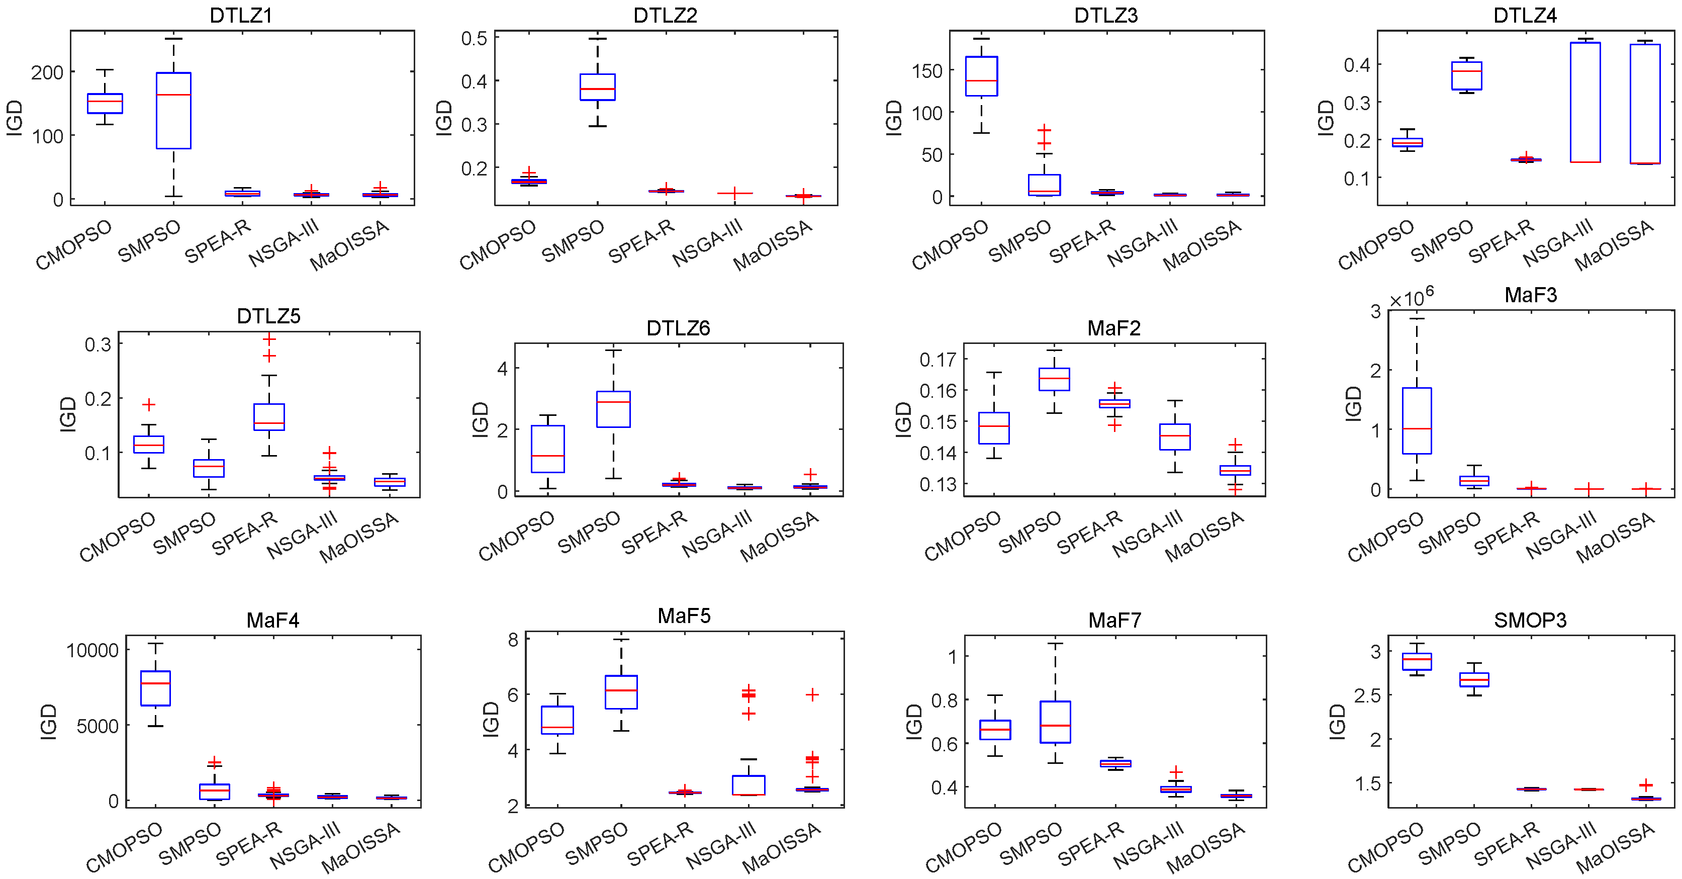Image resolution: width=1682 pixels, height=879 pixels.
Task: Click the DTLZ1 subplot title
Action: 240,15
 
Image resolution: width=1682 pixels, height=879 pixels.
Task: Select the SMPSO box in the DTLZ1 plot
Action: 174,111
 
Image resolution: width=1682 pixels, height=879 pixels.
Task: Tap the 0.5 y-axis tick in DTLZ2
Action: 474,39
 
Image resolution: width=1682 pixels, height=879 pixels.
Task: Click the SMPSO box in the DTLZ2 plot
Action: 598,87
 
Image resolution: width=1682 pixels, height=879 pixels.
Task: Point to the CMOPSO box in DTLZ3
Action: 981,76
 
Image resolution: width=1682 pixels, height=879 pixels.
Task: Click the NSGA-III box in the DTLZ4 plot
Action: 1585,102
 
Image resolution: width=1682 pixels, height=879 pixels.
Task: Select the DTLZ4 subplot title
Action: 1525,15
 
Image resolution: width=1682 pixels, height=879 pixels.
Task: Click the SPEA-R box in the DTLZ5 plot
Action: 269,417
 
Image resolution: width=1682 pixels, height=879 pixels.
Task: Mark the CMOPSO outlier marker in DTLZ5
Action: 149,405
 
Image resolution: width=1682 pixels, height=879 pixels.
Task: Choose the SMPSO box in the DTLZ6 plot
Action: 613,409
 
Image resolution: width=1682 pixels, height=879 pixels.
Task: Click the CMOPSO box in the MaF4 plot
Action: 155,688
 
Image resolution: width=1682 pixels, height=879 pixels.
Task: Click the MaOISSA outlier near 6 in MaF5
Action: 812,695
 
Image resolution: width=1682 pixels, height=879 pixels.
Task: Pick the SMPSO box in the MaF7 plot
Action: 1055,722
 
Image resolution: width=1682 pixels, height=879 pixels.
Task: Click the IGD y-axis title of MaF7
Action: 913,722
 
